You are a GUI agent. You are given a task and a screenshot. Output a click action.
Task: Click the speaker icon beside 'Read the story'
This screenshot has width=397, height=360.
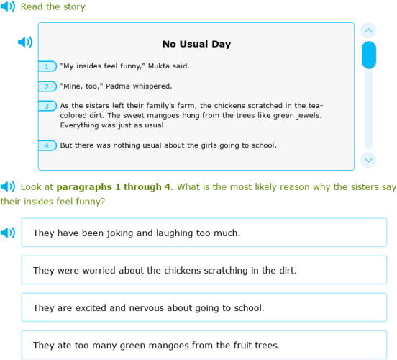tap(8, 7)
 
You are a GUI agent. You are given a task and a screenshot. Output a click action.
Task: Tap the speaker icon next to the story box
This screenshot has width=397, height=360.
tap(25, 42)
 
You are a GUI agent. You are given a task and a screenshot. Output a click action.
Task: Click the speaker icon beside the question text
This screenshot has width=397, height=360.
tap(8, 187)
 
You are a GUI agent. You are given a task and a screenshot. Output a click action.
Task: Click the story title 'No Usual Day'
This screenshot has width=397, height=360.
tap(196, 44)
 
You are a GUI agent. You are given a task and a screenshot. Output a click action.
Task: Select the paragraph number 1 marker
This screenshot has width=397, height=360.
tap(47, 66)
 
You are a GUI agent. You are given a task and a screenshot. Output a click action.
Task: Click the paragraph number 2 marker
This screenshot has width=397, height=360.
tap(47, 86)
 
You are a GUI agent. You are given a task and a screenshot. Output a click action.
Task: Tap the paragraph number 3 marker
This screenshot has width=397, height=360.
tap(47, 106)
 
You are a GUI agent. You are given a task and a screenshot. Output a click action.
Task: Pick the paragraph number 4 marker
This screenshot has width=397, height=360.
tap(47, 145)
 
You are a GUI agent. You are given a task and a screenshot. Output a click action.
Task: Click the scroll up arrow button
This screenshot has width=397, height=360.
tap(368, 30)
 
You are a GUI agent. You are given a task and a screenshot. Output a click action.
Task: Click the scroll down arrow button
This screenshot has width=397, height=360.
tap(368, 160)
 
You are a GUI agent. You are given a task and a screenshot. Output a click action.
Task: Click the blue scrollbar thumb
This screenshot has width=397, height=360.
tap(368, 55)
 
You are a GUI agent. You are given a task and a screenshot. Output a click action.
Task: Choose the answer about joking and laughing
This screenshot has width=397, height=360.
tap(204, 233)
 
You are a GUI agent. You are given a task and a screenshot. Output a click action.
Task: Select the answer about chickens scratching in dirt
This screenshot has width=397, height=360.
tap(204, 270)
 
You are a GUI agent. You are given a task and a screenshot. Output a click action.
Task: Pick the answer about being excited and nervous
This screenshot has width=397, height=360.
tap(204, 307)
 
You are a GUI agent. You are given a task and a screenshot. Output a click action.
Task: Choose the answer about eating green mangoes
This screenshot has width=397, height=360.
tap(204, 345)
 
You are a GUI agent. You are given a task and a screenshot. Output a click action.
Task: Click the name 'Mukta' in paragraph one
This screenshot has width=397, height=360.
tap(160, 66)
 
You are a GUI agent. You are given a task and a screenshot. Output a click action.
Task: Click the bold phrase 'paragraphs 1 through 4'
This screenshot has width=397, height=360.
tap(114, 187)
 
